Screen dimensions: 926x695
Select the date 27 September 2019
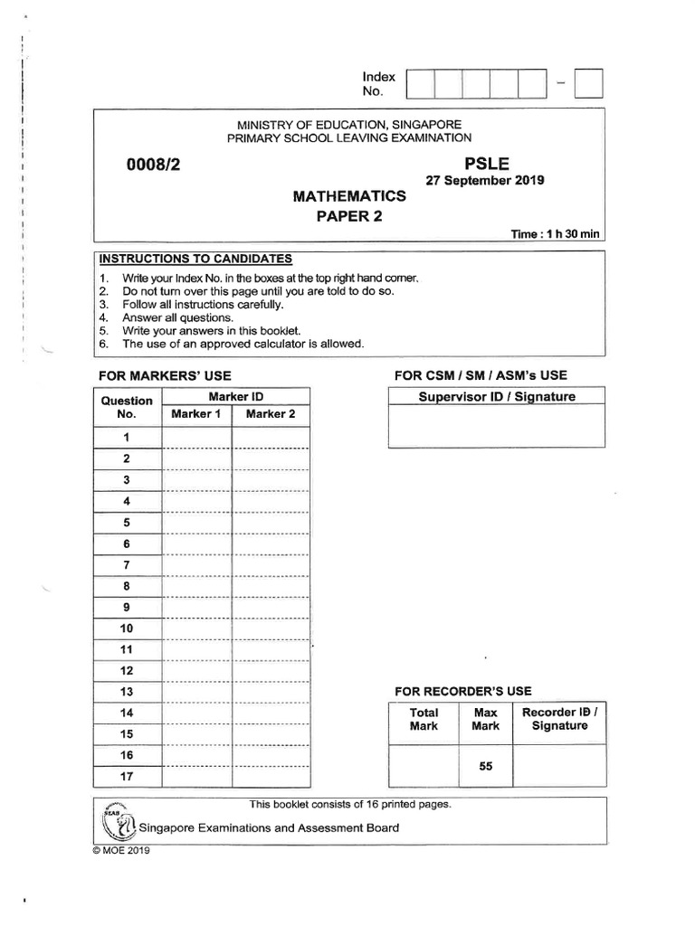click(484, 180)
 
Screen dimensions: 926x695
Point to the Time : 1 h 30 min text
click(556, 233)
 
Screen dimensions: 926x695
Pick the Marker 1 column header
click(196, 414)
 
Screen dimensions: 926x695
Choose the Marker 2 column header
click(271, 414)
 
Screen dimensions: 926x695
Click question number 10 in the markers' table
click(127, 628)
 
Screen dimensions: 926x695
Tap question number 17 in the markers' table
click(127, 776)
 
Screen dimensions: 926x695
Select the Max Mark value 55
click(486, 766)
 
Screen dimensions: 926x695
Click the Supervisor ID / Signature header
click(496, 396)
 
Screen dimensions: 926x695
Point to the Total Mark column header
click(424, 719)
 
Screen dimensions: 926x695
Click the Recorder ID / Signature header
click(559, 719)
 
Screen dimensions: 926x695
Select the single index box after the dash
click(588, 83)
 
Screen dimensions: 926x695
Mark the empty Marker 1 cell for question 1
click(196, 437)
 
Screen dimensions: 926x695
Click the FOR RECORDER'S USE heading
click(462, 691)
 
